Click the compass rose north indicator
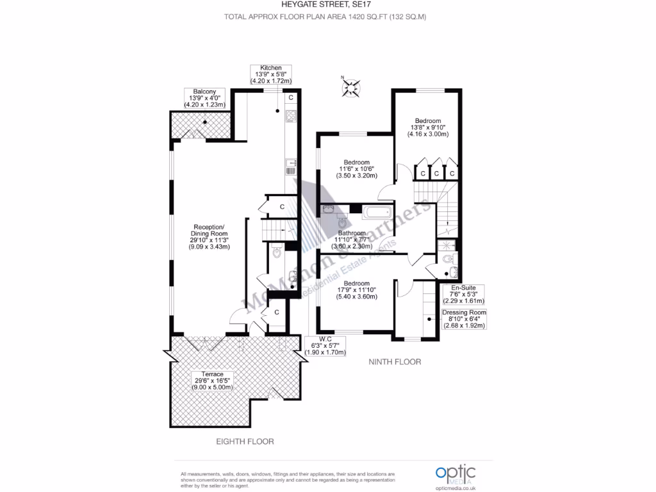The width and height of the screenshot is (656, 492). [x=352, y=87]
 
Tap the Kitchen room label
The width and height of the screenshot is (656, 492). [x=270, y=74]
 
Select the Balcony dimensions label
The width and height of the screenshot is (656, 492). [x=201, y=97]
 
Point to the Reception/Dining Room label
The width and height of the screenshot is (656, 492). [x=209, y=236]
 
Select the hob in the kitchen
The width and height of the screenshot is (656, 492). [x=290, y=116]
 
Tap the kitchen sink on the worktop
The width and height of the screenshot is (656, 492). [x=290, y=167]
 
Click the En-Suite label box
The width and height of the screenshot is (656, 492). [x=463, y=294]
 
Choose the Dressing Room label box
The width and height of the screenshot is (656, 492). [x=464, y=318]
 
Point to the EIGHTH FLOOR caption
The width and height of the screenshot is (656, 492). [x=244, y=441]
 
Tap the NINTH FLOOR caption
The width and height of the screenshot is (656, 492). [x=395, y=362]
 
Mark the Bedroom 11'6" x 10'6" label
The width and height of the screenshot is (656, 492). [x=356, y=168]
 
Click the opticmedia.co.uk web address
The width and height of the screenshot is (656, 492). [x=455, y=487]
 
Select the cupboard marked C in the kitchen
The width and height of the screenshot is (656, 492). [x=290, y=97]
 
